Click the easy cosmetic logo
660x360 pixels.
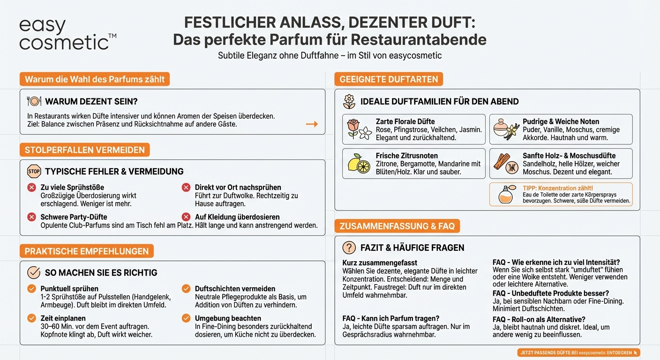[x=67, y=35]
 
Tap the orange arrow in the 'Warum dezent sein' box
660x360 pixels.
[x=312, y=124]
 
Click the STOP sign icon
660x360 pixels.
[x=34, y=172]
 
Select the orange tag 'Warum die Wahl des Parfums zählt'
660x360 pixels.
[x=95, y=79]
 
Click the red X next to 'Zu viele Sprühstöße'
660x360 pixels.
[x=31, y=187]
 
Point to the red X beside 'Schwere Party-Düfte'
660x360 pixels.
[x=31, y=217]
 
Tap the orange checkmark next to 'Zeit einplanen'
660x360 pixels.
[x=31, y=318]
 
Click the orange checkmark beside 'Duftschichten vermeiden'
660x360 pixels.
[x=186, y=289]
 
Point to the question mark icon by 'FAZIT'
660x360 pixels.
[x=349, y=247]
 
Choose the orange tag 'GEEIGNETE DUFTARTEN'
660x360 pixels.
[x=389, y=79]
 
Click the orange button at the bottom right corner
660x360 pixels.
[x=579, y=352]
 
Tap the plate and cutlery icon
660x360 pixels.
[x=34, y=101]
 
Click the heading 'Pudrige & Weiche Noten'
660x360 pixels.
[x=561, y=121]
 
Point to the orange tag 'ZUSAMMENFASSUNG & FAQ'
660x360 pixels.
[x=397, y=226]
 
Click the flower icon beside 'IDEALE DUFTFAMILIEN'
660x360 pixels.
[x=349, y=101]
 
